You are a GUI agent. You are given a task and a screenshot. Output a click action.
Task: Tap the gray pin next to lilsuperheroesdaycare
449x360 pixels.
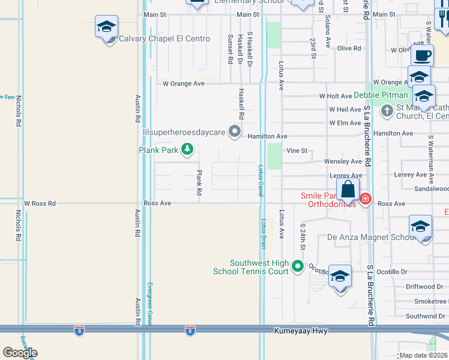click(235, 131)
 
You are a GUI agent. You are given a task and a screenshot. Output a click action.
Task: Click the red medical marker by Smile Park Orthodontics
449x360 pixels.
click(366, 199)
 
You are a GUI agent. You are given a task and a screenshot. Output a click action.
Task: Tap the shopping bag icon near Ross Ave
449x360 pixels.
click(348, 190)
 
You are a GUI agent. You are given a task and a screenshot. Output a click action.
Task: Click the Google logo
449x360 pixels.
click(20, 352)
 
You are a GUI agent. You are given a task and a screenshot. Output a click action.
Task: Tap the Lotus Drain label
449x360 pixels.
click(263, 233)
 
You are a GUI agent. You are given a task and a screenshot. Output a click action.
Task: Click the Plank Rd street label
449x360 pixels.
click(199, 183)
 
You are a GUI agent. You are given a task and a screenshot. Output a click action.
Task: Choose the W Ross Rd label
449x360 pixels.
click(40, 204)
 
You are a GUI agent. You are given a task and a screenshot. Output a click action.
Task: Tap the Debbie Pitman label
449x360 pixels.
click(381, 95)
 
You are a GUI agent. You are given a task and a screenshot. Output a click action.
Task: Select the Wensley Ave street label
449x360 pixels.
click(343, 161)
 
